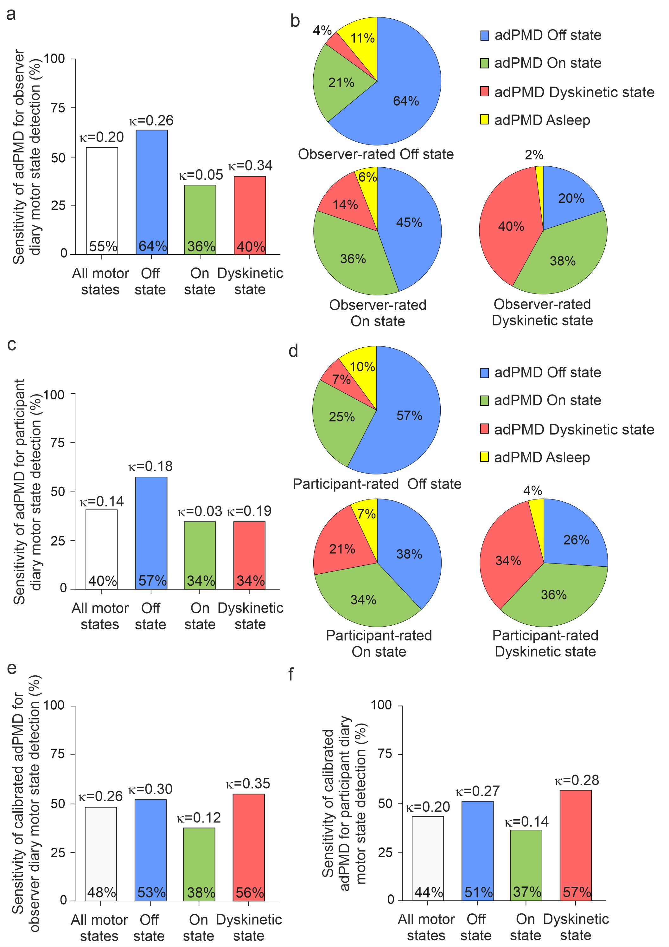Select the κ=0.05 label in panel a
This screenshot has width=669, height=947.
pyautogui.click(x=201, y=175)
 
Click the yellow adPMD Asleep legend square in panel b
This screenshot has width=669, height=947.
pyautogui.click(x=484, y=119)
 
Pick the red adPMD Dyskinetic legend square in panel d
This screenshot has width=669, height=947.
pyautogui.click(x=484, y=429)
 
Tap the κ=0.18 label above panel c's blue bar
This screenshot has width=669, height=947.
pyautogui.click(x=150, y=467)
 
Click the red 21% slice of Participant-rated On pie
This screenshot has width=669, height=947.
pyautogui.click(x=342, y=549)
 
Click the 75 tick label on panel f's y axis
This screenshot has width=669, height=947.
pyautogui.click(x=385, y=754)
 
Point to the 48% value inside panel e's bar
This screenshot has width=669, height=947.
pyautogui.click(x=101, y=892)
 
